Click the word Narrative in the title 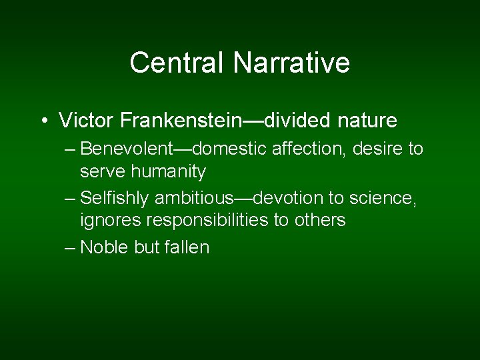291,63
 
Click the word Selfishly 115,198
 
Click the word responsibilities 202,221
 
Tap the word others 319,221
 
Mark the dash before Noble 71,248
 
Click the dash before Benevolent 71,149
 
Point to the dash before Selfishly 71,199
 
